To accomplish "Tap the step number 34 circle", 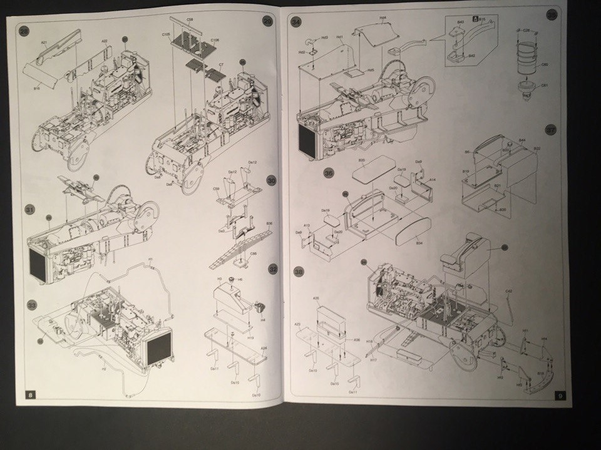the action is (297, 21).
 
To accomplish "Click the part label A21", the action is (44, 43).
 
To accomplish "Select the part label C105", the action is (167, 34).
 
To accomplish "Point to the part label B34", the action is (418, 240).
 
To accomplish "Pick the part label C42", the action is (508, 291).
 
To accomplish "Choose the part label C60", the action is (544, 64).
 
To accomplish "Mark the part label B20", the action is (361, 161).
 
